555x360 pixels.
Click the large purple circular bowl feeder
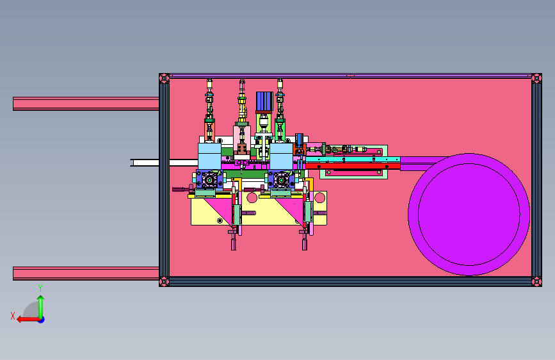469,215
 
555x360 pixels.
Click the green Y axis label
40,288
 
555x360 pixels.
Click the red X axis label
13,316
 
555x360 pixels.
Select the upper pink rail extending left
86,104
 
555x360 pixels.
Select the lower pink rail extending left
86,274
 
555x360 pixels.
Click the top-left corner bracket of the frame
165,78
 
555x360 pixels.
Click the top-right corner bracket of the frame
536,78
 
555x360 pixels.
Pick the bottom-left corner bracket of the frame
165,282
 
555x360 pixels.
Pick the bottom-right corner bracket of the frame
536,282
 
